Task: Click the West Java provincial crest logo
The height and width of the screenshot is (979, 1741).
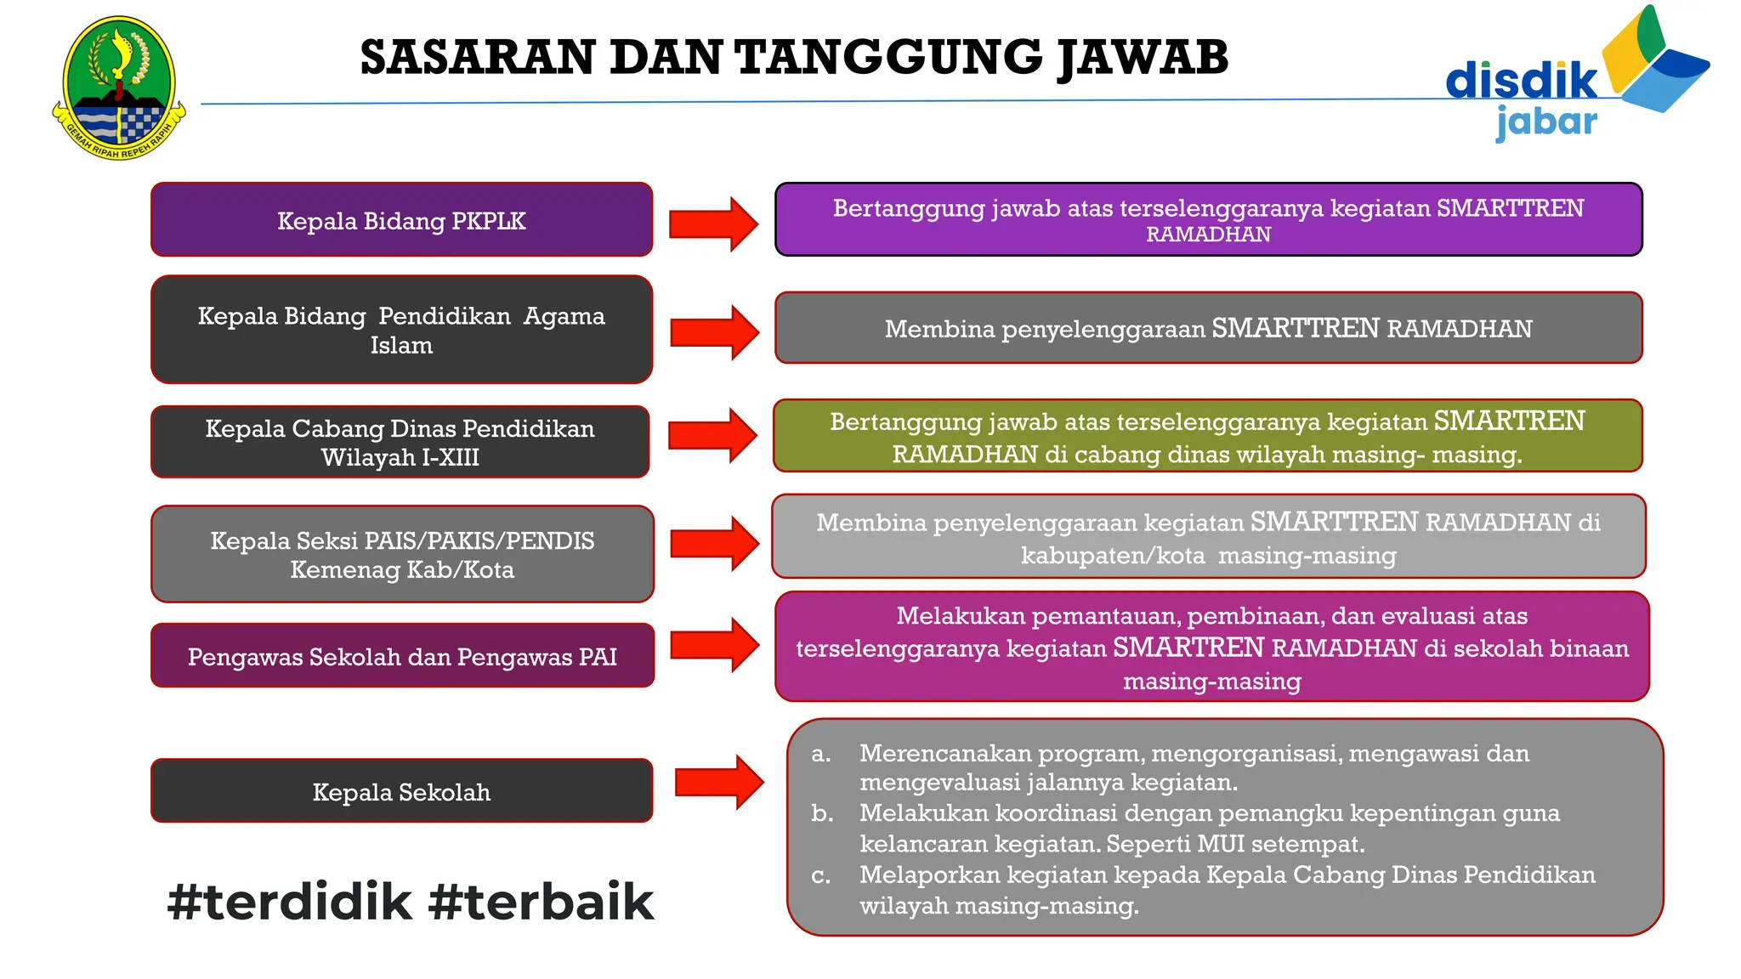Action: [118, 88]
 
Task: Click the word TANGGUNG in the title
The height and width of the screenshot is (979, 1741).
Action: [888, 58]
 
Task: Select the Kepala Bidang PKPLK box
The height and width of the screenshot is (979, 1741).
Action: [401, 220]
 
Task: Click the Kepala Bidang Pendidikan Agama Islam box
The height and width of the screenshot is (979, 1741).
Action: [401, 330]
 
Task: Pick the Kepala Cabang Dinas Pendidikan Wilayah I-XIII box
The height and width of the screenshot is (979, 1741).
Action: [400, 442]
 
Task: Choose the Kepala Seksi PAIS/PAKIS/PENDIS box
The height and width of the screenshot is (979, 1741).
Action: [402, 554]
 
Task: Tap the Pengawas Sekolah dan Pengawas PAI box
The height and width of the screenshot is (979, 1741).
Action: [402, 656]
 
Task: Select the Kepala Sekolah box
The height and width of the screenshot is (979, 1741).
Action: [401, 791]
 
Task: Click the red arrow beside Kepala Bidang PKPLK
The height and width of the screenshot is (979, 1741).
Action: [712, 224]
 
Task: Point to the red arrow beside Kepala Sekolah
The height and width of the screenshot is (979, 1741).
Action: [718, 782]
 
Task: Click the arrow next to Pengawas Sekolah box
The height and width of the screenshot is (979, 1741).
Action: [713, 646]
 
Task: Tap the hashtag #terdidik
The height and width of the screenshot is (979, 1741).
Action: [289, 902]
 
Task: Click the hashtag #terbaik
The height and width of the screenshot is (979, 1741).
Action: [542, 902]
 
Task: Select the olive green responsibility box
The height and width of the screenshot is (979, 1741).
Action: [1207, 436]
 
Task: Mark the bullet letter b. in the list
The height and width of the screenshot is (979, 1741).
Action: [822, 813]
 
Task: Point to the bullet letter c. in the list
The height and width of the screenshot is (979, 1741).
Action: [820, 875]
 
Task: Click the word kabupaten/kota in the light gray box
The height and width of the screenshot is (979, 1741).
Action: [1113, 556]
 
